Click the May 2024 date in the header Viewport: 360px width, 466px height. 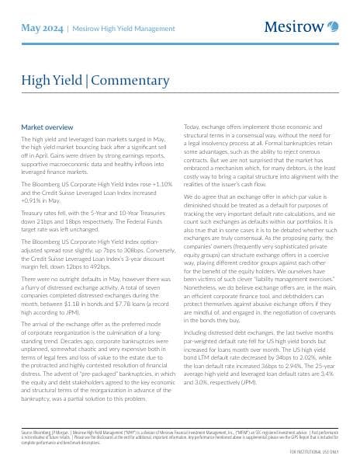41,28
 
